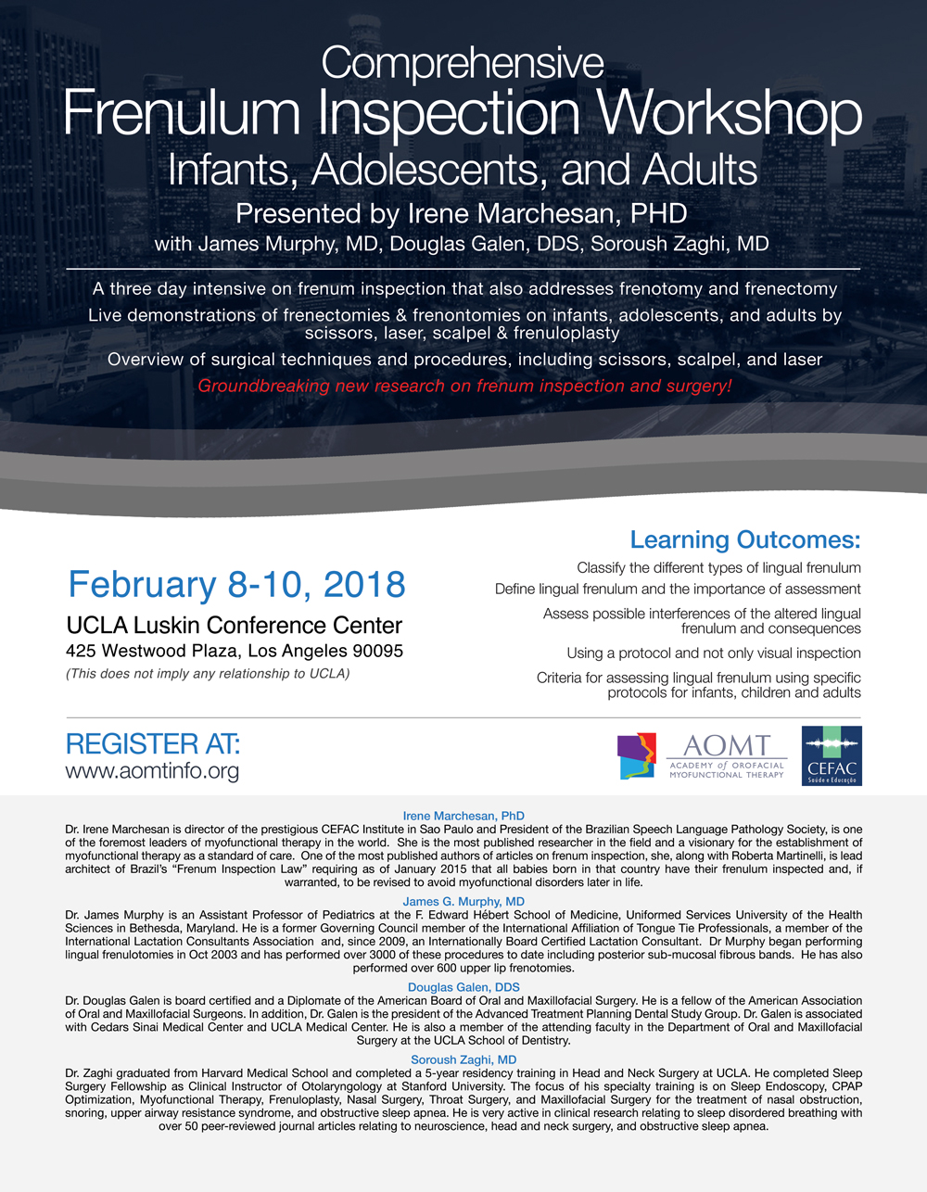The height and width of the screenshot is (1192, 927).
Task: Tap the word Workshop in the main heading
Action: pyautogui.click(x=731, y=114)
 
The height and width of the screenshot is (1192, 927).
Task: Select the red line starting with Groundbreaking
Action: pyautogui.click(x=464, y=386)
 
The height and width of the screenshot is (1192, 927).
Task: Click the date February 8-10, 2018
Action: pyautogui.click(x=237, y=585)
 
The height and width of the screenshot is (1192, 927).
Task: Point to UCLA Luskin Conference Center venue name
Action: pyautogui.click(x=235, y=625)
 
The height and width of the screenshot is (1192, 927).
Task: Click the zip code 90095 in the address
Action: pyautogui.click(x=371, y=651)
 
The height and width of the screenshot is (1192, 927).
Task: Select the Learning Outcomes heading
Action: pyautogui.click(x=744, y=539)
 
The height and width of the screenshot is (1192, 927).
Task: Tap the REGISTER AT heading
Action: pyautogui.click(x=153, y=743)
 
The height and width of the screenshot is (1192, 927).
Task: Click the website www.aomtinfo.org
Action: pyautogui.click(x=152, y=770)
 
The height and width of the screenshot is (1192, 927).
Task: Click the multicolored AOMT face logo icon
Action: pyautogui.click(x=637, y=755)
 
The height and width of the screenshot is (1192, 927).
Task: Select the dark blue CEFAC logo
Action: pyautogui.click(x=832, y=755)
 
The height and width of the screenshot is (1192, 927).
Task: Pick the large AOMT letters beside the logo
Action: pyautogui.click(x=726, y=745)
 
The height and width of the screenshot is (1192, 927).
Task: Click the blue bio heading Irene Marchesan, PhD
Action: pyautogui.click(x=463, y=816)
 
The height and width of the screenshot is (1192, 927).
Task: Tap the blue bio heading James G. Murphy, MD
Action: pyautogui.click(x=463, y=901)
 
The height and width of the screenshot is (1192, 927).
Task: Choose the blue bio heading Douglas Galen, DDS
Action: pyautogui.click(x=463, y=987)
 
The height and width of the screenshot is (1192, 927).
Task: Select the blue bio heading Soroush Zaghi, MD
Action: pyautogui.click(x=463, y=1059)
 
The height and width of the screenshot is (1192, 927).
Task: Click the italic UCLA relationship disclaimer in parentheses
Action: pyautogui.click(x=208, y=674)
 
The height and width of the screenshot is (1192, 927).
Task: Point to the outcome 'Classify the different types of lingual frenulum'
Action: pyautogui.click(x=718, y=567)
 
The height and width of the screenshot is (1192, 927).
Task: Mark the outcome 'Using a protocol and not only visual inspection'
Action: pyautogui.click(x=714, y=653)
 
